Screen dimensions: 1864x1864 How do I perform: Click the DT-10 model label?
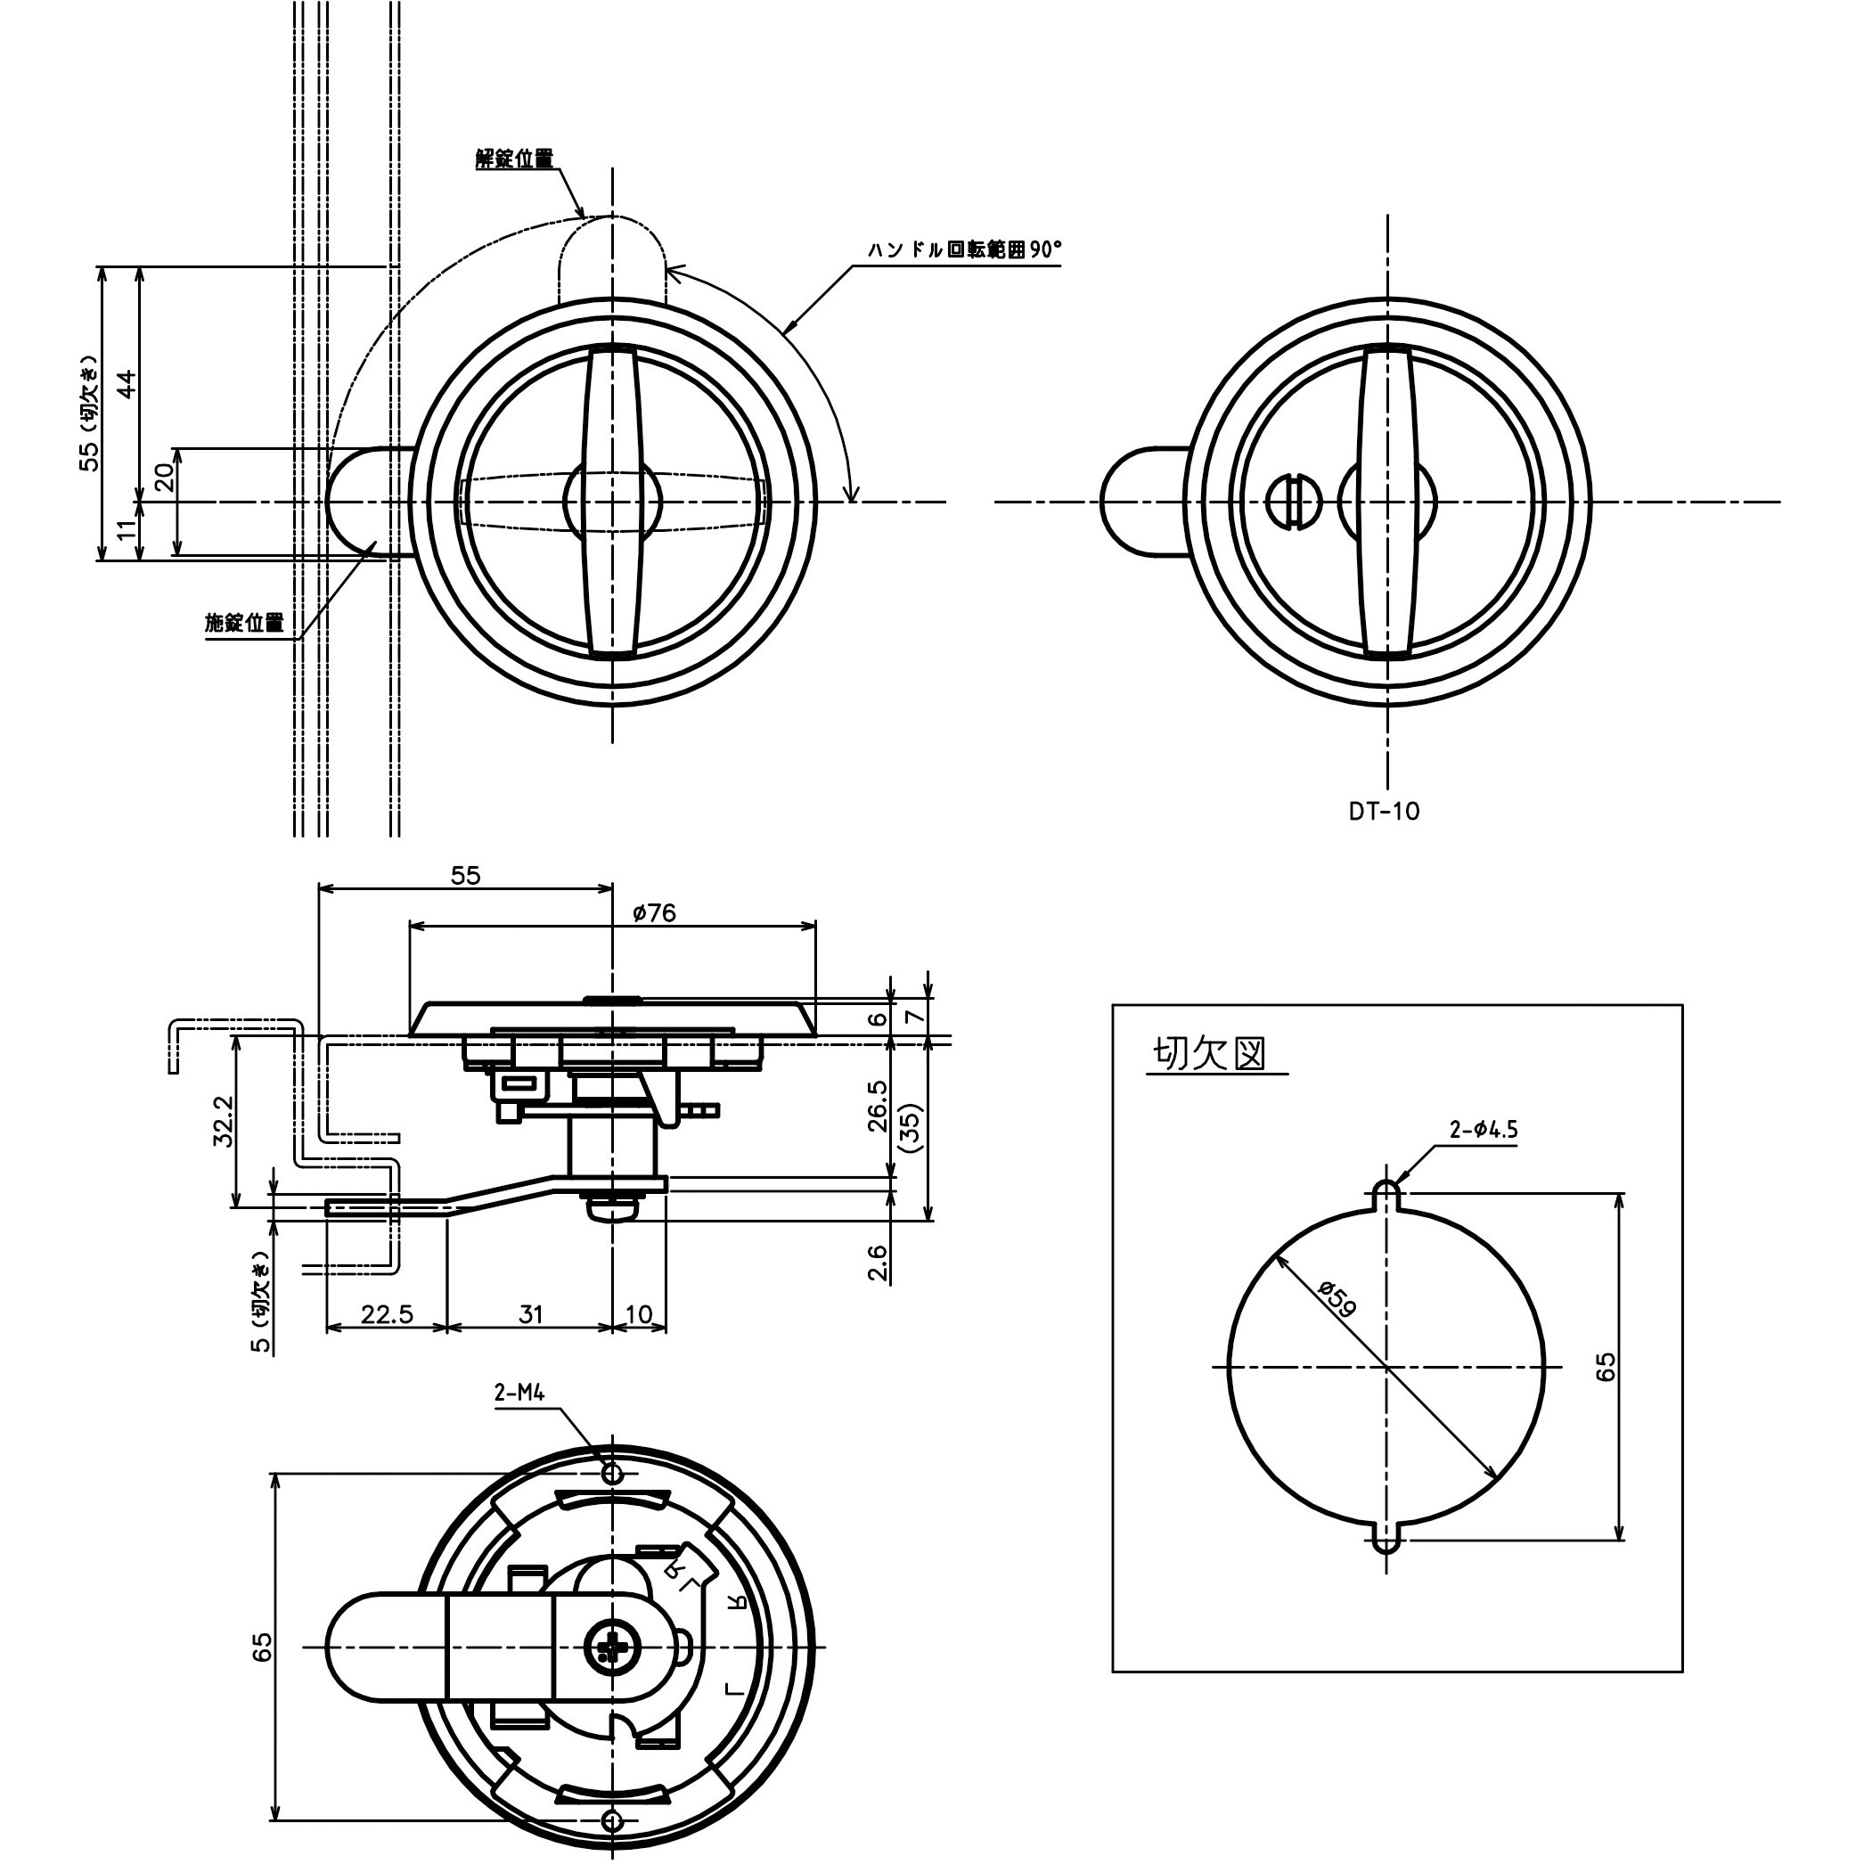pyautogui.click(x=1384, y=812)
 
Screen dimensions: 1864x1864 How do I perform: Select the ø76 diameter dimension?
pyautogui.click(x=655, y=912)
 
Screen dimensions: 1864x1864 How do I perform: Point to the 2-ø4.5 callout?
pyautogui.click(x=1483, y=1129)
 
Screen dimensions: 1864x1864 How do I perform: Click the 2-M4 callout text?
pyautogui.click(x=520, y=1393)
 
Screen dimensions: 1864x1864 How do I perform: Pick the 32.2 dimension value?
pyautogui.click(x=223, y=1121)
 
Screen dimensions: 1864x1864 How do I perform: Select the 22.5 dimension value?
pyautogui.click(x=387, y=1314)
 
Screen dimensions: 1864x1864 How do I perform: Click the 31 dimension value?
pyautogui.click(x=531, y=1314)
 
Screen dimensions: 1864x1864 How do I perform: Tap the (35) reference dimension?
pyautogui.click(x=910, y=1127)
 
